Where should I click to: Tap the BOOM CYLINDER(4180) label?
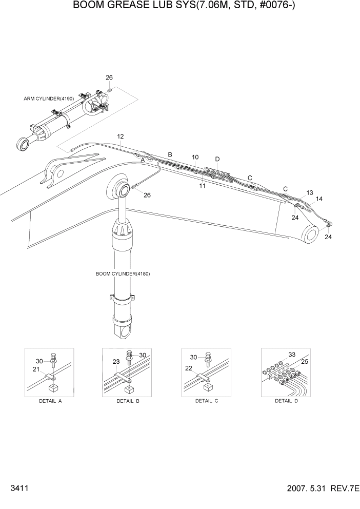pos(123,273)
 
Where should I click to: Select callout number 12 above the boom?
pos(121,136)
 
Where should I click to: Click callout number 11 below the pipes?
pos(202,186)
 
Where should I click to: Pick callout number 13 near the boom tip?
pos(310,192)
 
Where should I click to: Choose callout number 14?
pos(319,198)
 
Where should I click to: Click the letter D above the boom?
pos(217,159)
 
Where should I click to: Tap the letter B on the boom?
pos(170,154)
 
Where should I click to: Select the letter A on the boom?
pos(143,161)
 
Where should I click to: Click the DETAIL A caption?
pos(50,401)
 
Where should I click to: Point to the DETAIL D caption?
pos(286,401)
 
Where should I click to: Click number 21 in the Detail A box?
pos(36,369)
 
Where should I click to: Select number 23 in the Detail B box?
pos(116,361)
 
